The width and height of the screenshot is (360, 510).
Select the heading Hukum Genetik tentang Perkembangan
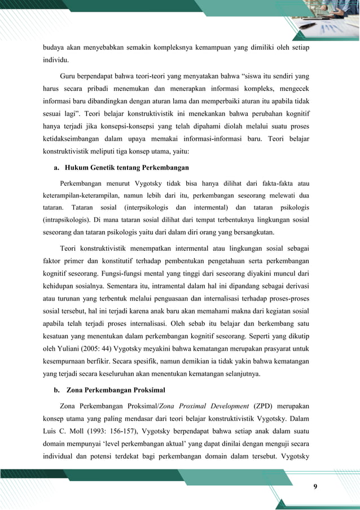pyautogui.click(x=126, y=168)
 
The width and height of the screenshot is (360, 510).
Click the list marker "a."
pyautogui.click(x=55, y=168)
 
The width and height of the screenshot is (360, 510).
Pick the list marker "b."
pyautogui.click(x=55, y=389)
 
